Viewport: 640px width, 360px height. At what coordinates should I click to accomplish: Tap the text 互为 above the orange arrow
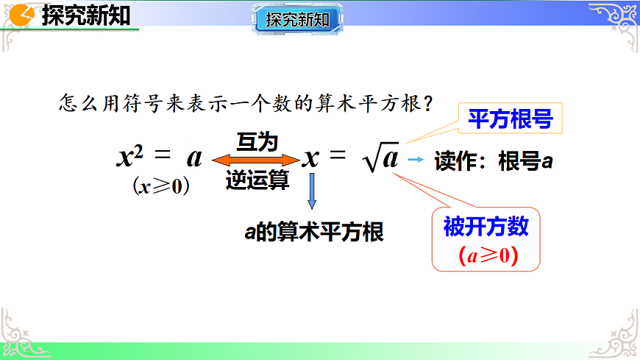257,141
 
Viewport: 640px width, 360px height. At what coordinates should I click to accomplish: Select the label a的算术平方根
314,232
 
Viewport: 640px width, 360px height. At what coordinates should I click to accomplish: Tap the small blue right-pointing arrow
416,160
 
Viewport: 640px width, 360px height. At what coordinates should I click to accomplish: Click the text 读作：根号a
494,161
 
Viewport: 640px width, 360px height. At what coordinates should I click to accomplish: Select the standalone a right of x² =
194,156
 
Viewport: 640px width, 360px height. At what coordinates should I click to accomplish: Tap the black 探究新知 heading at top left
86,15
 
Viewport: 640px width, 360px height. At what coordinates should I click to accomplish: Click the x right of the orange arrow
311,156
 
